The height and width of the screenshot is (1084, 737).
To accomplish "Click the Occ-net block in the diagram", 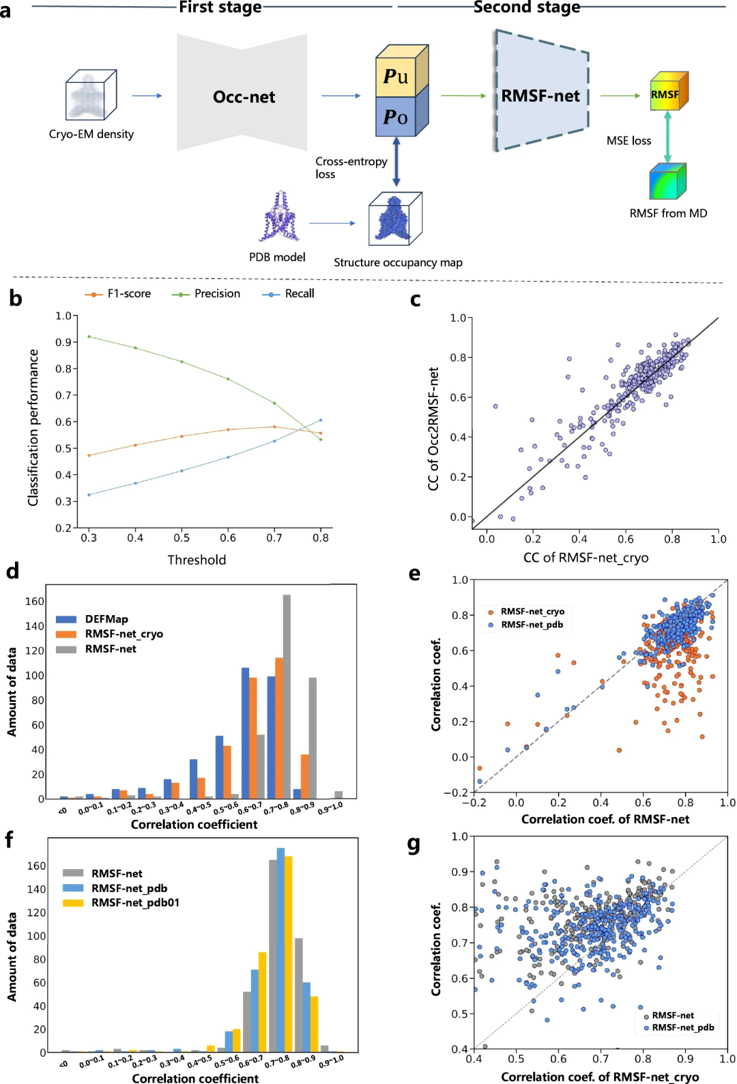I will pyautogui.click(x=243, y=96).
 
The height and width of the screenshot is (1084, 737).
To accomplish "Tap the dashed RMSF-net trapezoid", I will pyautogui.click(x=541, y=96).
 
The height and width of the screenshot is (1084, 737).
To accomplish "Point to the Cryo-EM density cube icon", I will pyautogui.click(x=91, y=96).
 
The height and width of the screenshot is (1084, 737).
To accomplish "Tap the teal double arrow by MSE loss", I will pyautogui.click(x=667, y=137).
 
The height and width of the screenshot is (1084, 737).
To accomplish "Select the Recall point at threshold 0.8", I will pyautogui.click(x=321, y=420).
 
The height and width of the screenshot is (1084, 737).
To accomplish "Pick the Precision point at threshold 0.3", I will pyautogui.click(x=89, y=337).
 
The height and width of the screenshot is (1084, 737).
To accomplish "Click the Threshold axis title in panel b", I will pyautogui.click(x=197, y=560).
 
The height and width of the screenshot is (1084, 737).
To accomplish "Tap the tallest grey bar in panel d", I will pyautogui.click(x=287, y=696).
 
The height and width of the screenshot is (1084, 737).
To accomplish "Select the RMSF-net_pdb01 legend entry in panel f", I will pyautogui.click(x=134, y=902).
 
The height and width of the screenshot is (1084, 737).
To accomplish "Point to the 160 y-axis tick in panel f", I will pyautogui.click(x=36, y=866).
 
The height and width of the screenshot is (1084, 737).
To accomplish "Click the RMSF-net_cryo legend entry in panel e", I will pyautogui.click(x=532, y=612).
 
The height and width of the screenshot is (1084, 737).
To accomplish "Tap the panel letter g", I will pyautogui.click(x=414, y=845).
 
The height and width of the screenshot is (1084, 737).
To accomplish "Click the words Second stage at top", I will pyautogui.click(x=527, y=8).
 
